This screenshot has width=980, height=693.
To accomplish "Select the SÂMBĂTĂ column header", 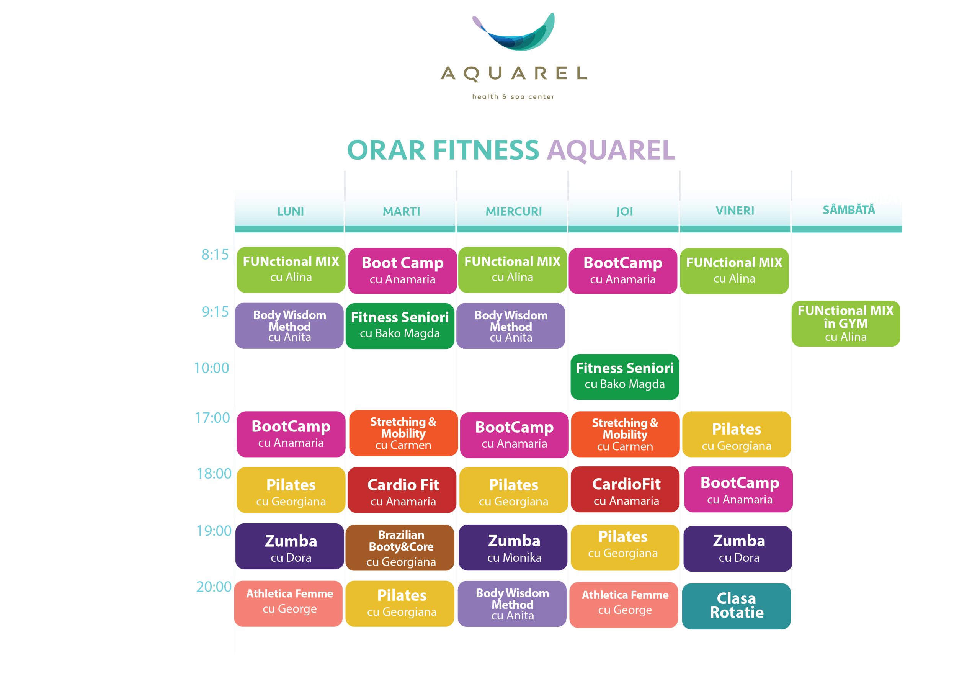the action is coord(849,210).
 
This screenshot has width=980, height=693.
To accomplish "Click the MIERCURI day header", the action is coord(513,211).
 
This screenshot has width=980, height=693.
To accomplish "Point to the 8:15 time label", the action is coord(215,255).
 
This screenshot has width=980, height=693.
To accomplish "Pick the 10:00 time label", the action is coord(211,368).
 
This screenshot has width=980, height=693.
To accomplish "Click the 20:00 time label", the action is coord(214,587).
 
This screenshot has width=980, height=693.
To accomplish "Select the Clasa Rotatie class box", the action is coord(736,606).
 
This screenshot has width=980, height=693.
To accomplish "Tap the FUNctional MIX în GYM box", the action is coord(846,324).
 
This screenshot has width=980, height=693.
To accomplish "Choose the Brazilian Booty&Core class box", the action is coord(400,548).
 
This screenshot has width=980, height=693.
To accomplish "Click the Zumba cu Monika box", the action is coord(513,548).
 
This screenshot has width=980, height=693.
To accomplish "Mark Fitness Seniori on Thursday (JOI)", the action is coord(625,377).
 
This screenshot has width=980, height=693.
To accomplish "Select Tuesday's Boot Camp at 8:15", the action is coord(402,271).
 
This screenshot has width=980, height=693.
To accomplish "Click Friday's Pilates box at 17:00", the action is coord(737,434).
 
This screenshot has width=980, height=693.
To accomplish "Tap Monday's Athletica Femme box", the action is coord(288,604).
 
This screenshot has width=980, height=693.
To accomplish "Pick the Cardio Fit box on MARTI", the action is coord(402,490).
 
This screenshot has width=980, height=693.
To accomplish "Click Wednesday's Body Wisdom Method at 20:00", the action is coord(512,604).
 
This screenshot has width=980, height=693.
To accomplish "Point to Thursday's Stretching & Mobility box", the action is coord(625,434).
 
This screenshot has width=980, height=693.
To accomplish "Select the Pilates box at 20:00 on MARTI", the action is coord(400,604).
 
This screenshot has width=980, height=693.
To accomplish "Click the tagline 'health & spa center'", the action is coord(513,97).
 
